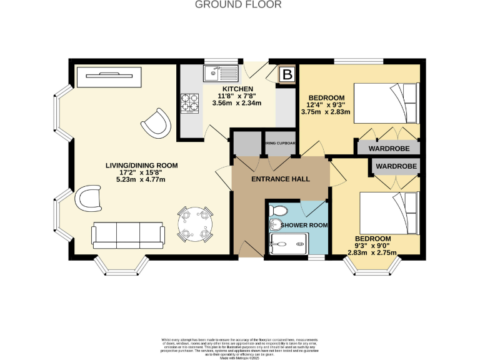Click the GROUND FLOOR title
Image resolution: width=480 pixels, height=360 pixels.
(x=239, y=5)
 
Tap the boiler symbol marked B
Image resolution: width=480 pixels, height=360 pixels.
(x=287, y=75)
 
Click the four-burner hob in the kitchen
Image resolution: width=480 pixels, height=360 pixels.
(x=190, y=102)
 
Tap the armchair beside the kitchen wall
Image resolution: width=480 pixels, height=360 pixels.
(x=155, y=121)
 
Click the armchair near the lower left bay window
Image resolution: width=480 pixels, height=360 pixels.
(x=89, y=201)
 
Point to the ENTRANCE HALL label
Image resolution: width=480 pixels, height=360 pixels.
(x=281, y=179)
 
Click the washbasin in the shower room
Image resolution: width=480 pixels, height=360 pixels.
(x=275, y=224)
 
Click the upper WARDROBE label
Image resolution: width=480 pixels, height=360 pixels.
(x=388, y=149)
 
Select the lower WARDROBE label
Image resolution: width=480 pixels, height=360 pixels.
(x=396, y=167)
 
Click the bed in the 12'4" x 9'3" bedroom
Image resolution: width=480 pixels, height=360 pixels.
(x=385, y=103)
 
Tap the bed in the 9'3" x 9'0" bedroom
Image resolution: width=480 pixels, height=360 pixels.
(x=389, y=213)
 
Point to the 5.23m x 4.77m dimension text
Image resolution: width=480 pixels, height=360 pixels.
(x=141, y=179)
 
